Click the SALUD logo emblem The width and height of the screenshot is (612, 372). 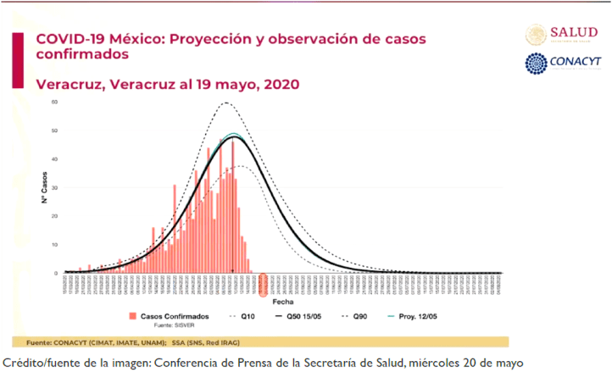(536, 34)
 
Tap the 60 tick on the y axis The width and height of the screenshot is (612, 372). (53, 103)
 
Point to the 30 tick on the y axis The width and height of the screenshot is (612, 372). (53, 188)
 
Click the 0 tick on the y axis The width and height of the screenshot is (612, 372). (55, 273)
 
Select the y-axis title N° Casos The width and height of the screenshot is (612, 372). (41, 188)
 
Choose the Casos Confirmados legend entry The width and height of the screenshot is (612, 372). (173, 315)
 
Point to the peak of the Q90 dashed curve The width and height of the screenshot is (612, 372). (226, 103)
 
